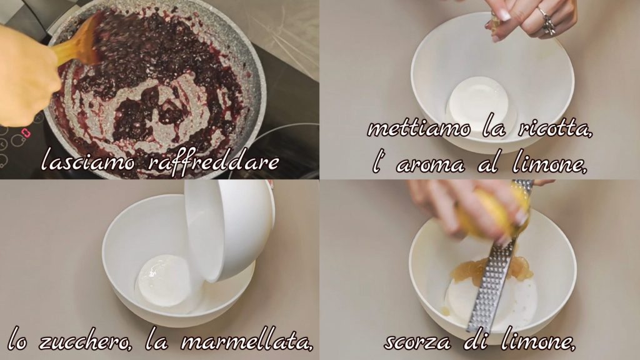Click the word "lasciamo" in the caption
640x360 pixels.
pyautogui.click(x=88, y=162)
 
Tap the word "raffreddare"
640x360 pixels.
pyautogui.click(x=212, y=162)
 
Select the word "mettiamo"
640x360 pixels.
pyautogui.click(x=419, y=129)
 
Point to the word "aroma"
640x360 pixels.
pyautogui.click(x=431, y=166)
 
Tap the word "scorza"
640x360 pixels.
pyautogui.click(x=417, y=342)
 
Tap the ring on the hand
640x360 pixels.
pyautogui.click(x=547, y=21)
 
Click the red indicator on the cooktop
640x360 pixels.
pyautogui.click(x=26, y=132)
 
